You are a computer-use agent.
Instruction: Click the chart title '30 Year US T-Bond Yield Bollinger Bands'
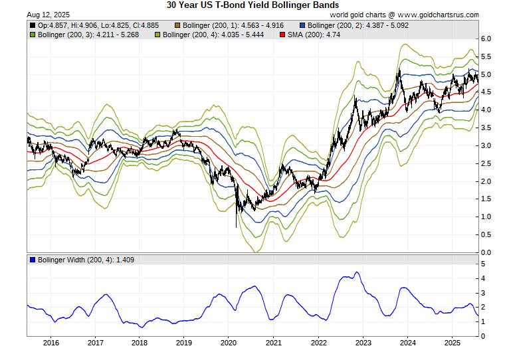(x=252, y=5)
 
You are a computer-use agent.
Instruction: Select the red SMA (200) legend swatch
(x=283, y=35)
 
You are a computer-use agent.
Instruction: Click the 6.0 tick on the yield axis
(x=486, y=39)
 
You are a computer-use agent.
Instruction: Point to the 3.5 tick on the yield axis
(x=486, y=128)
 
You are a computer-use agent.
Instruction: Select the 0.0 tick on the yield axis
(x=486, y=252)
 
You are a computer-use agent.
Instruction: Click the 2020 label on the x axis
(x=228, y=343)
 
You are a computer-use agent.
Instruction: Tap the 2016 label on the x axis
(x=50, y=343)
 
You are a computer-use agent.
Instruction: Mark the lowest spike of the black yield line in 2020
(x=237, y=227)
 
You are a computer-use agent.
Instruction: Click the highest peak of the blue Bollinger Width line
(x=357, y=272)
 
